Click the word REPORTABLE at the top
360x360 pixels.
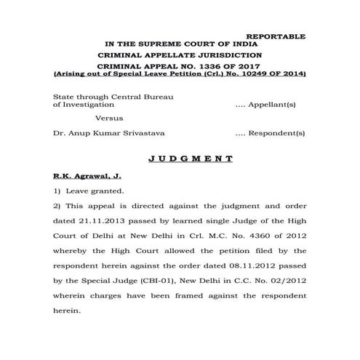click(x=276, y=36)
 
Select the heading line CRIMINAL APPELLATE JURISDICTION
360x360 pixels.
click(x=180, y=55)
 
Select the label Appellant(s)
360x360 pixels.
click(x=281, y=106)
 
